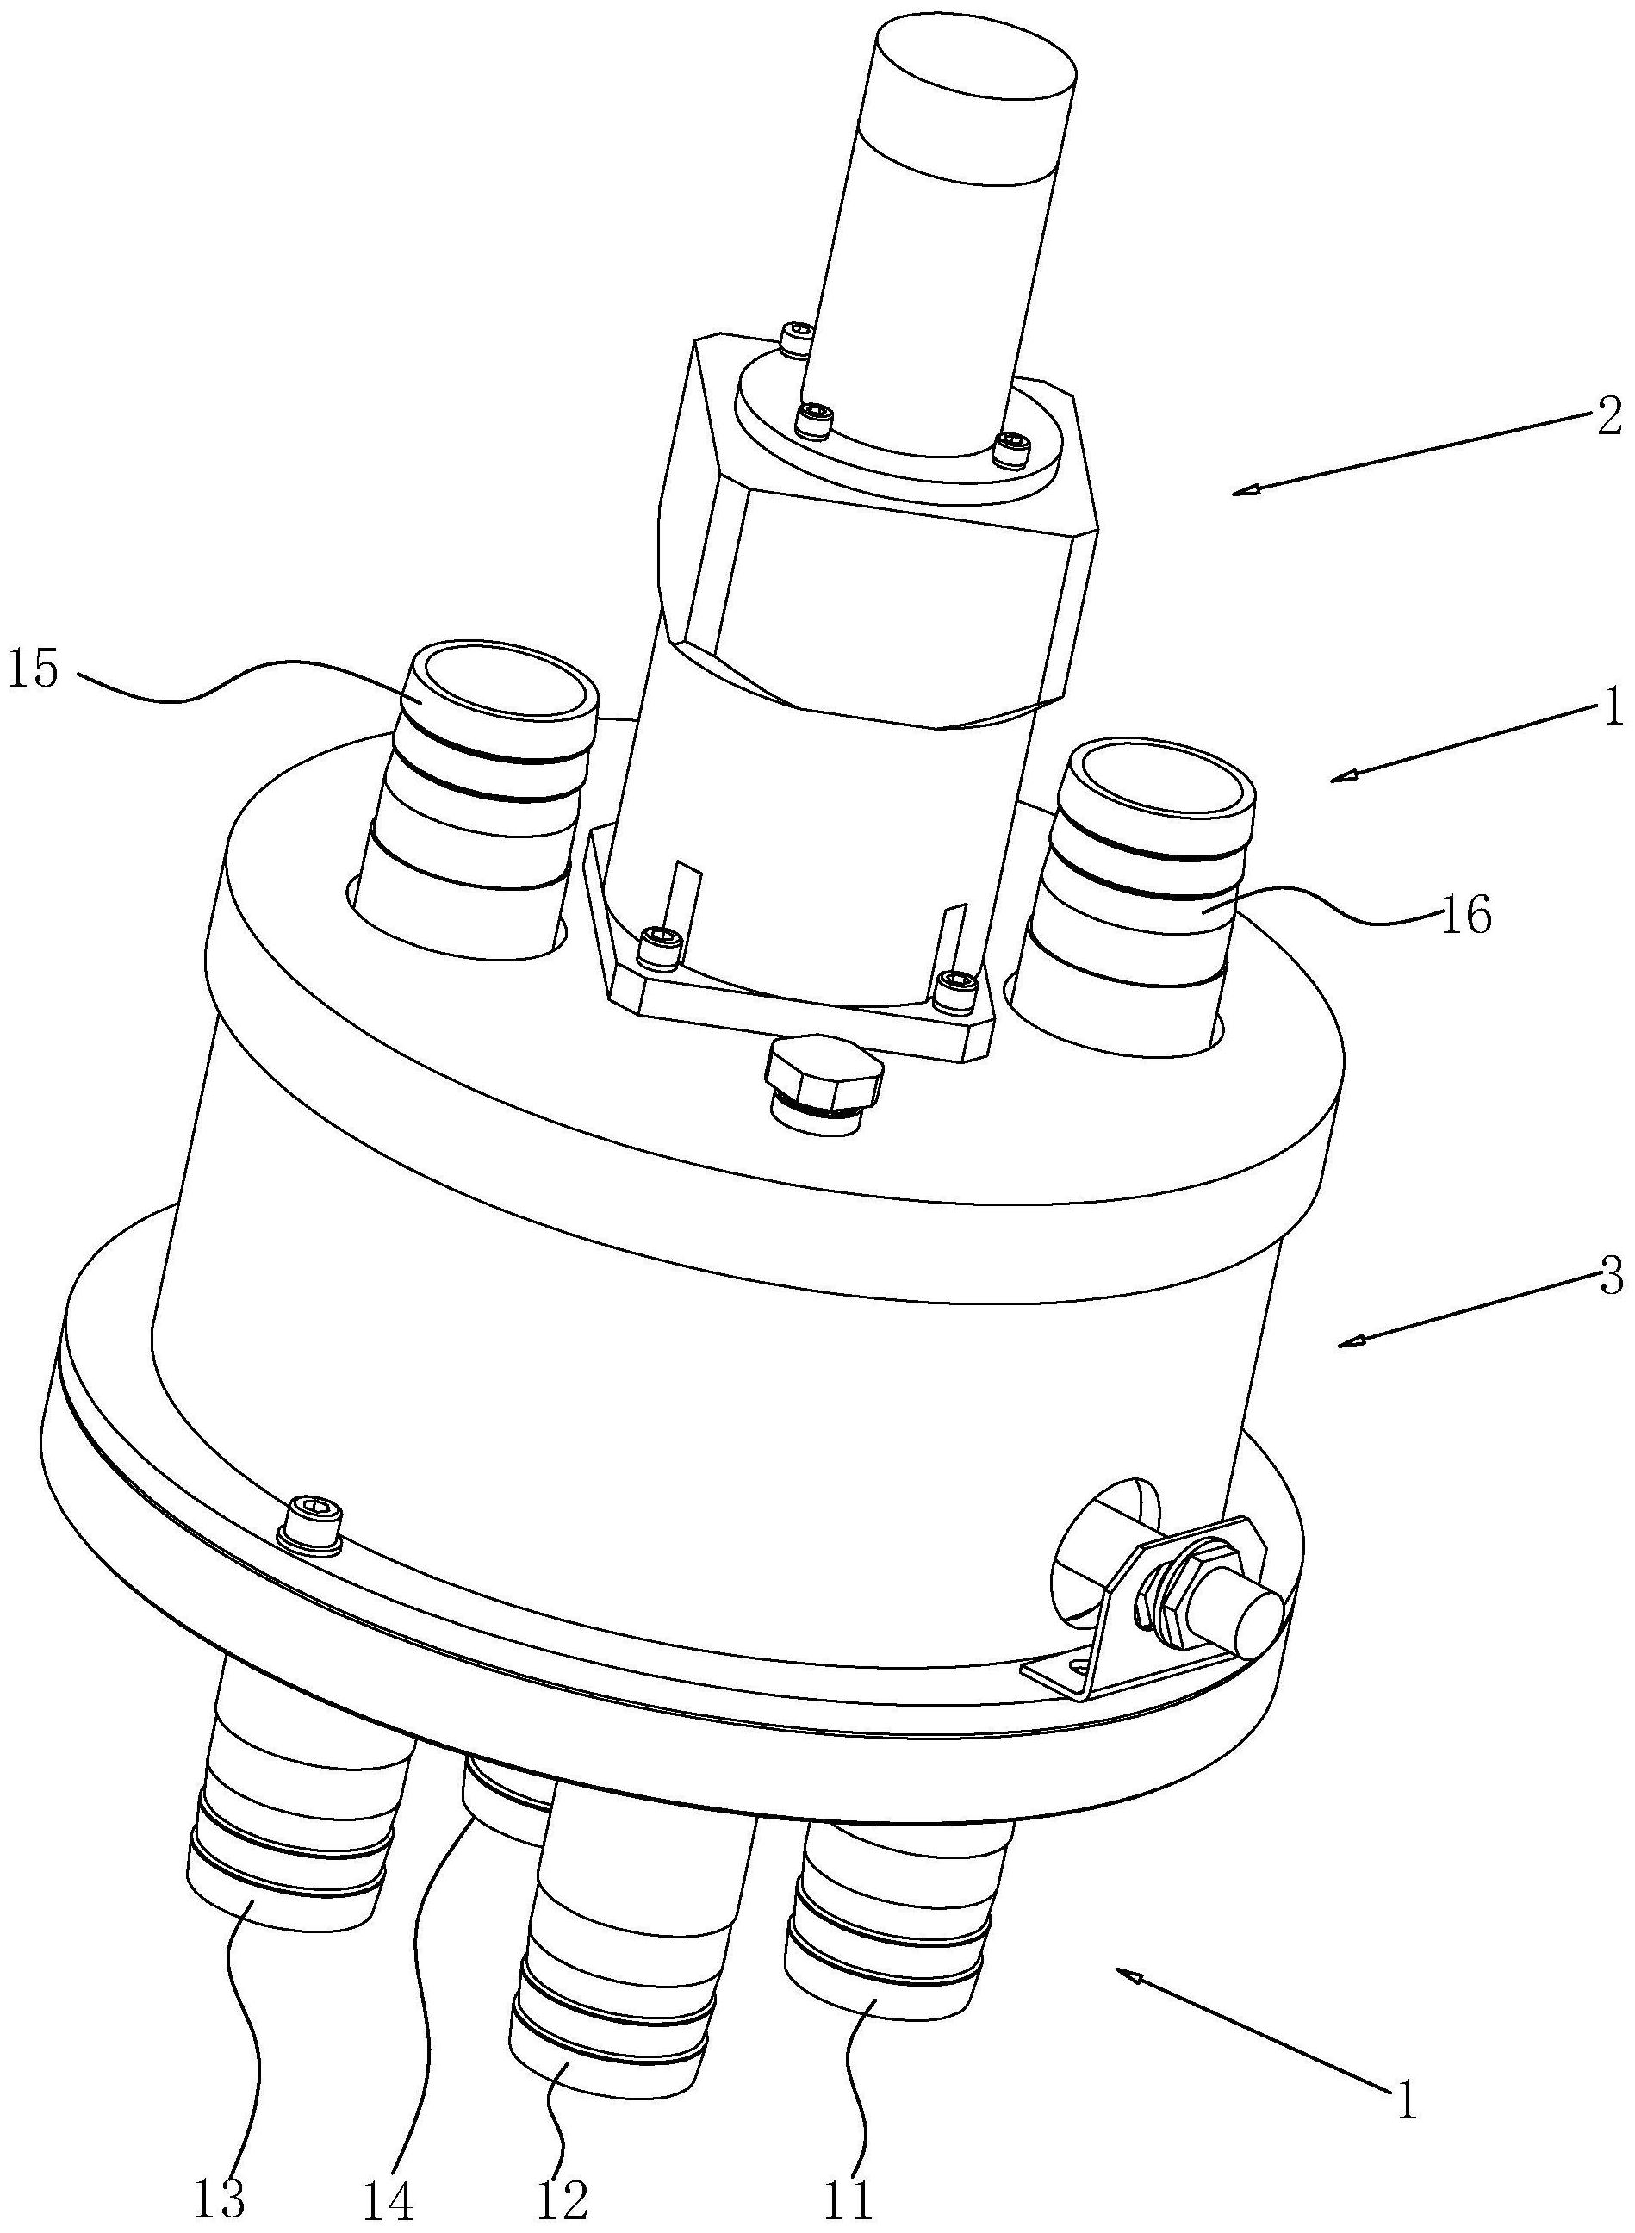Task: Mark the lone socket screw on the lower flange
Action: click(x=310, y=1542)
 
